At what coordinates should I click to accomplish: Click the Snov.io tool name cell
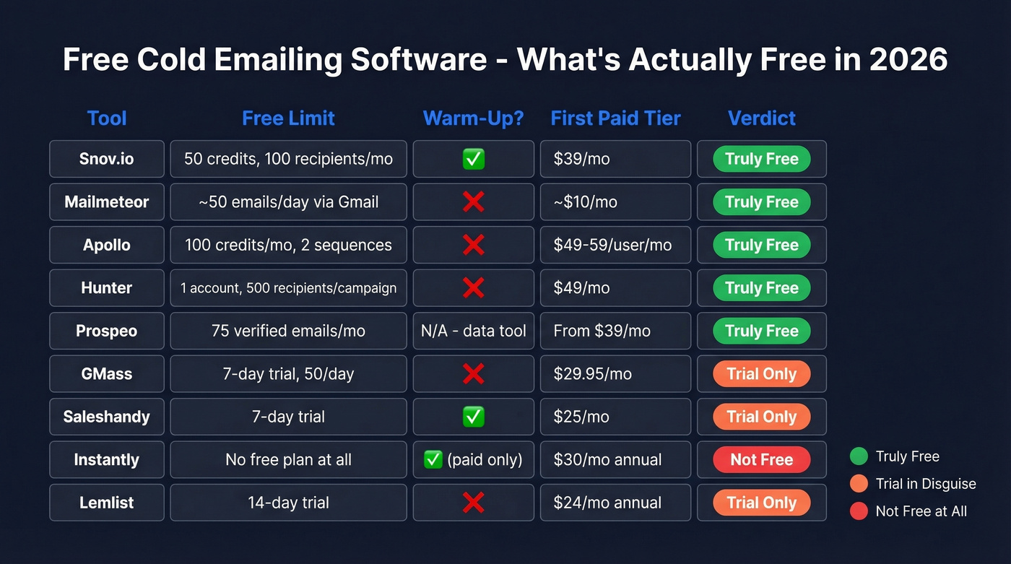pos(107,159)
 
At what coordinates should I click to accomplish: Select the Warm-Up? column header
pos(473,118)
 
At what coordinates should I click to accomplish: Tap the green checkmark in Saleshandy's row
pos(473,417)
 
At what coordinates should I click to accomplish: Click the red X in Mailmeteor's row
pos(473,202)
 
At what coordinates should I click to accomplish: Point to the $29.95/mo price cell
pos(615,374)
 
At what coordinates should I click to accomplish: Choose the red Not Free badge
pos(761,460)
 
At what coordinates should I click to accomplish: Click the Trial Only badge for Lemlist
pos(761,503)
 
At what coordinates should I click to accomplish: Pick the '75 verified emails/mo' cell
pos(288,331)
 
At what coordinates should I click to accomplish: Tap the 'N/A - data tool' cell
pos(473,331)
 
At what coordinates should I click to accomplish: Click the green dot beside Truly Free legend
pos(859,456)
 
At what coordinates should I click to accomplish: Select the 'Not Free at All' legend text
pos(921,511)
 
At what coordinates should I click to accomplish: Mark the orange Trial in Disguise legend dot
pos(859,484)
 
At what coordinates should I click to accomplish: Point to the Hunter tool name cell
pos(107,288)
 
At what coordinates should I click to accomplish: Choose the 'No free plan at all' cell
pos(288,460)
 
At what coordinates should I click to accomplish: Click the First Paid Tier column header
pos(615,118)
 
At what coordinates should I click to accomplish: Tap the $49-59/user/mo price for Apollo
pos(612,245)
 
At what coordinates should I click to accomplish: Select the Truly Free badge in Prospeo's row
pos(761,331)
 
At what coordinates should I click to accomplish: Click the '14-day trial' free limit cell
pos(288,503)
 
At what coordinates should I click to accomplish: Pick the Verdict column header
pos(761,118)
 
